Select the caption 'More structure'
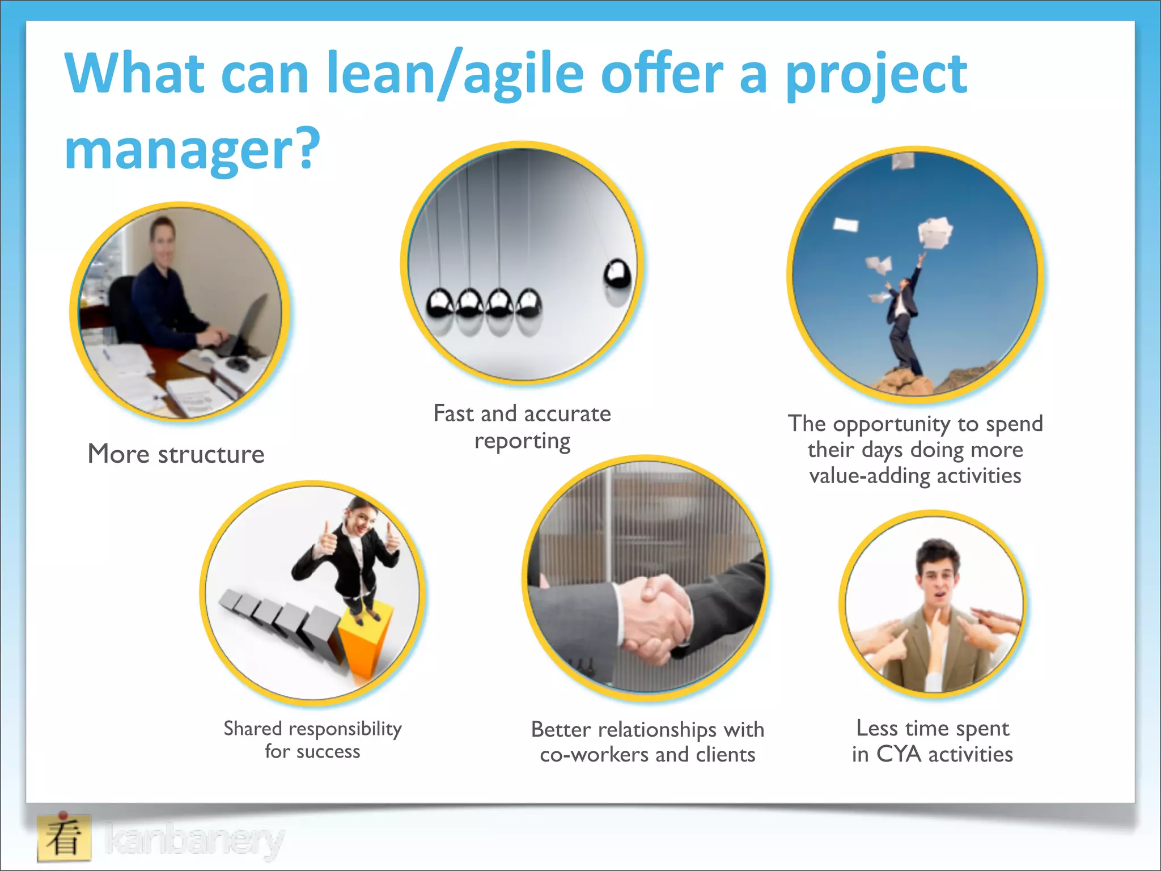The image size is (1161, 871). click(x=176, y=454)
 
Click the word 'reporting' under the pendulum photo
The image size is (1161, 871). click(x=522, y=441)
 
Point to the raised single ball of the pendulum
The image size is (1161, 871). click(x=617, y=274)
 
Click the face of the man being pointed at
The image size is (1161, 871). click(x=937, y=578)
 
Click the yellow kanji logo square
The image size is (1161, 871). click(x=64, y=838)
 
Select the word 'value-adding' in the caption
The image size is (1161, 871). click(x=870, y=475)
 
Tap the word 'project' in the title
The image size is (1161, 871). click(x=876, y=74)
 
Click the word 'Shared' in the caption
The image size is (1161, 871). click(x=252, y=728)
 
